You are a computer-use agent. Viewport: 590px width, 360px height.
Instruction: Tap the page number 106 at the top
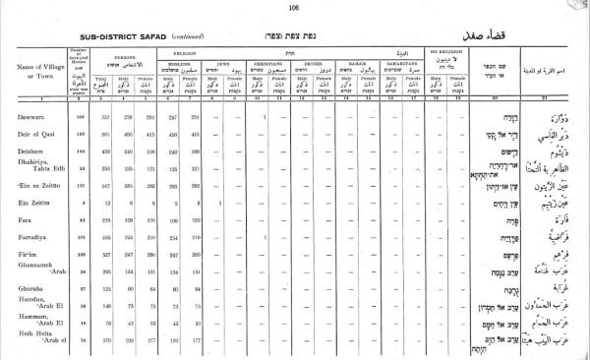[x=294, y=7]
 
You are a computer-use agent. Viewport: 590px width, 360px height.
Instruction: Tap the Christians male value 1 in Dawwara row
[x=267, y=119]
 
